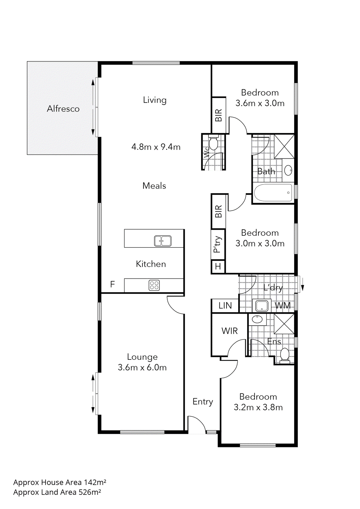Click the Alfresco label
pyautogui.click(x=63, y=109)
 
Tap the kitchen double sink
pyautogui.click(x=163, y=241)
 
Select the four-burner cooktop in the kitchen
pyautogui.click(x=154, y=285)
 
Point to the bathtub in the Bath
pyautogui.click(x=273, y=192)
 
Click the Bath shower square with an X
pyautogui.click(x=284, y=146)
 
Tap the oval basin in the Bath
pyautogui.click(x=288, y=171)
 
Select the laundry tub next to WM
pyautogui.click(x=262, y=306)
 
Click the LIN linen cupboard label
pyautogui.click(x=225, y=306)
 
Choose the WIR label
pyautogui.click(x=229, y=331)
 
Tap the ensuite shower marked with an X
pyautogui.click(x=284, y=324)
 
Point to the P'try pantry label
pyautogui.click(x=218, y=244)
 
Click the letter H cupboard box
pyautogui.click(x=218, y=266)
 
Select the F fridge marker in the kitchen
pyautogui.click(x=112, y=284)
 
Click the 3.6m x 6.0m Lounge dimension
pyautogui.click(x=142, y=367)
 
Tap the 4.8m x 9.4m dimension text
pyautogui.click(x=156, y=147)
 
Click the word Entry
pyautogui.click(x=203, y=401)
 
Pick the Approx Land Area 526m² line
pyautogui.click(x=57, y=492)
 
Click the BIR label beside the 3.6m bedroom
pyautogui.click(x=218, y=115)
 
